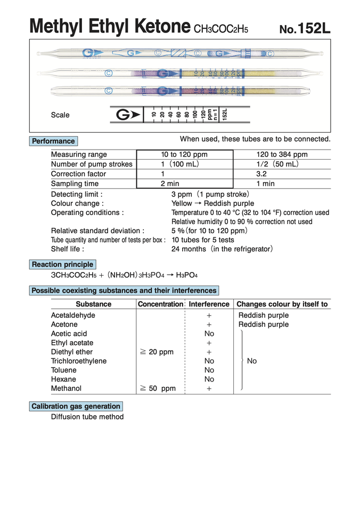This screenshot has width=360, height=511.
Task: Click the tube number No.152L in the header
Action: [305, 28]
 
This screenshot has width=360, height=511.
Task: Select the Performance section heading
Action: [53, 141]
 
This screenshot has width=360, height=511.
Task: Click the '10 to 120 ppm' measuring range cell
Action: [184, 154]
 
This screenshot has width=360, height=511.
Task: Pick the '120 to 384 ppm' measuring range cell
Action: [282, 154]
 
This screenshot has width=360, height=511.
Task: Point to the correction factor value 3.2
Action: [261, 174]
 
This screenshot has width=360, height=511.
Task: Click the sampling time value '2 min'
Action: [170, 184]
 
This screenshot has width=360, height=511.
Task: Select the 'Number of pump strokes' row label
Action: [92, 164]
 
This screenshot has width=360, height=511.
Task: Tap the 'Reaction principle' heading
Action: [62, 265]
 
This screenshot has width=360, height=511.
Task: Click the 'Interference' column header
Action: [209, 304]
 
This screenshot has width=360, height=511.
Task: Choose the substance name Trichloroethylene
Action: [79, 361]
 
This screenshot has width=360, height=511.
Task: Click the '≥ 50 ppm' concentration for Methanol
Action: [158, 389]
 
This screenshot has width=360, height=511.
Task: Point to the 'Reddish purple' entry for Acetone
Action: [264, 324]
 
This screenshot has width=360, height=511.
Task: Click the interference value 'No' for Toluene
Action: [209, 370]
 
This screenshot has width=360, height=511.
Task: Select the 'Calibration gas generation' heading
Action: [76, 406]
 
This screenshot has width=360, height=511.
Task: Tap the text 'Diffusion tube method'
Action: [87, 417]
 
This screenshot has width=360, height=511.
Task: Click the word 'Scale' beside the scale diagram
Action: [60, 115]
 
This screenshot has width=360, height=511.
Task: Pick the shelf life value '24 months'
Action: [187, 249]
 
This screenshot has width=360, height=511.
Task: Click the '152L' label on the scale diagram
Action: [225, 115]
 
